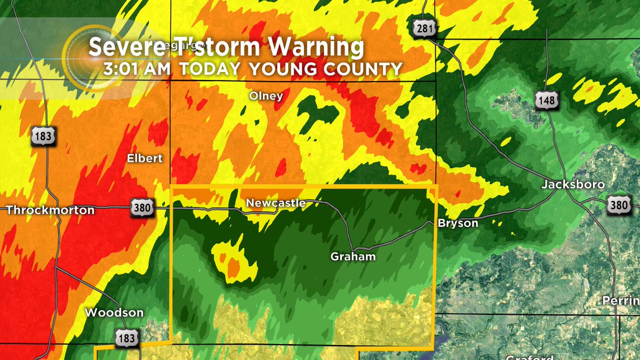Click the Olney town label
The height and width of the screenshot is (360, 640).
266,96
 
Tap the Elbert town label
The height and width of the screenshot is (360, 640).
145,158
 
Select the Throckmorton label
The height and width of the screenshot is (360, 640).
50,210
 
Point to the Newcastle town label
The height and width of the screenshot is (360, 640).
275,203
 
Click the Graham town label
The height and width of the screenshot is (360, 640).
353,257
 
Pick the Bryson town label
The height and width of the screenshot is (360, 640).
458,223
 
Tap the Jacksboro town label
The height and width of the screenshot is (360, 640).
573,185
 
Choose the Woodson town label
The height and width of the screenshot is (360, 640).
114,313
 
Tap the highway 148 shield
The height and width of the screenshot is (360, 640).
548,100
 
